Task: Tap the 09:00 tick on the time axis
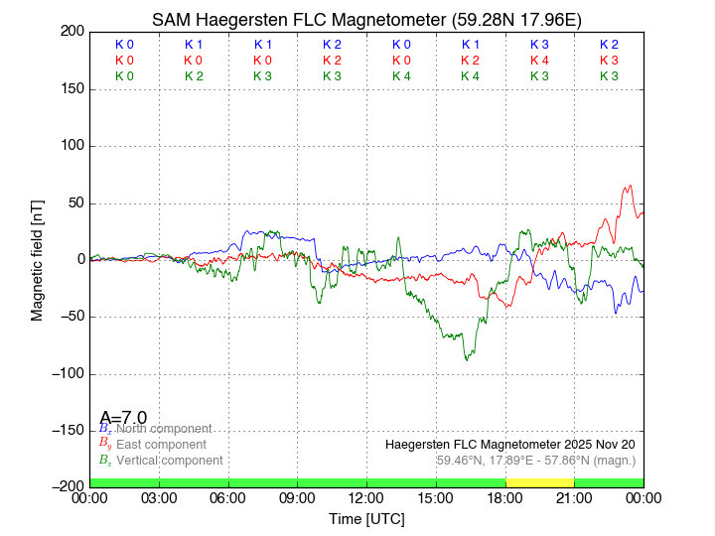(x=297, y=496)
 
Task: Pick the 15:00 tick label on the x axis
(x=436, y=496)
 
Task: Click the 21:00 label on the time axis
(x=574, y=496)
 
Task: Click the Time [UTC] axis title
(x=366, y=518)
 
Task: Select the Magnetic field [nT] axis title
(x=37, y=259)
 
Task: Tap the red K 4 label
(x=539, y=61)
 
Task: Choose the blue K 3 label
(x=539, y=45)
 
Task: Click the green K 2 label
(x=194, y=76)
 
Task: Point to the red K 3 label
(x=609, y=61)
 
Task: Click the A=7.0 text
(x=123, y=417)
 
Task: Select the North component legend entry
(x=159, y=429)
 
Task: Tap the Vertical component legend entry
(x=165, y=461)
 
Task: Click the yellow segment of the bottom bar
(x=539, y=482)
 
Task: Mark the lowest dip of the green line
(x=467, y=358)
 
